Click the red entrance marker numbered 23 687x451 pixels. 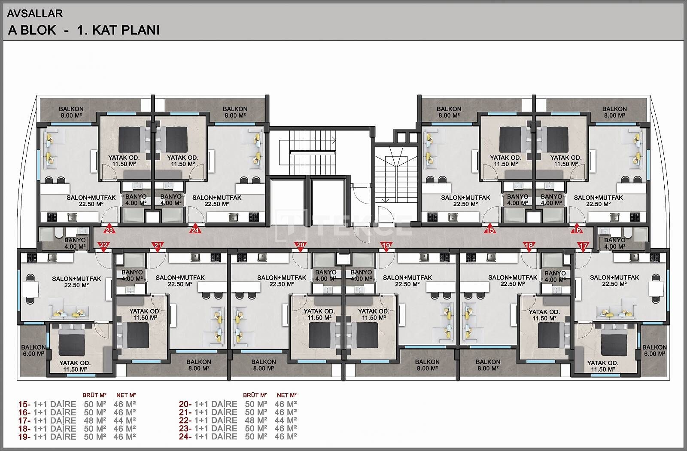[109, 229]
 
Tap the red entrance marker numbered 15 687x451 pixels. [490, 229]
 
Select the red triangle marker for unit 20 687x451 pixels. [301, 246]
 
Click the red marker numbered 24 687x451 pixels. [195, 229]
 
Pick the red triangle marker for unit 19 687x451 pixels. [386, 246]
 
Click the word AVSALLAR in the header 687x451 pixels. [35, 13]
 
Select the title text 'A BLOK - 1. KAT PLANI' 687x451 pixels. [84, 30]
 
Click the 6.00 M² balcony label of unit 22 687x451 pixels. [33, 350]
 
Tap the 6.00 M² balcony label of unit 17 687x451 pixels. [654, 350]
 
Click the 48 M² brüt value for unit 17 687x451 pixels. [95, 421]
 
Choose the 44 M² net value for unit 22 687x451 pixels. [286, 421]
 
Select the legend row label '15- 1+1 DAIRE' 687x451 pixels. [47, 404]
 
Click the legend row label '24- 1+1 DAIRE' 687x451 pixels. [208, 436]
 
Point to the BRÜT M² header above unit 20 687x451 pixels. [255, 395]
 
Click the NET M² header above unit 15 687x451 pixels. [126, 395]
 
